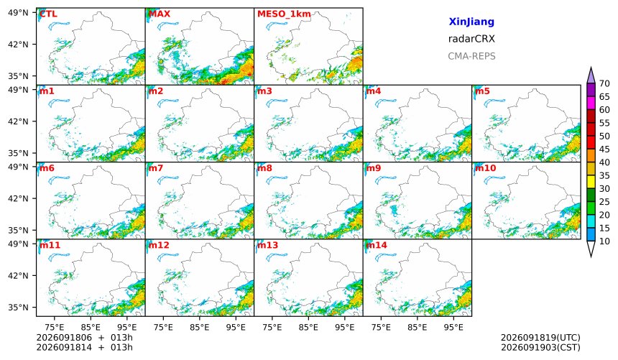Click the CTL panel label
tap(48, 14)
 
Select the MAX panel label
tap(160, 14)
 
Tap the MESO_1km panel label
tap(284, 14)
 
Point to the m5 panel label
tap(482, 91)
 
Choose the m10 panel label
tap(485, 168)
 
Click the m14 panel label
tap(377, 245)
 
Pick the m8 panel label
tap(264, 168)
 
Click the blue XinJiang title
tap(471, 22)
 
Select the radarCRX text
tap(471, 39)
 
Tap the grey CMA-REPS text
tap(471, 56)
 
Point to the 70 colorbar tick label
tap(604, 83)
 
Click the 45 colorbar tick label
tap(604, 149)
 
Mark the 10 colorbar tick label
tap(604, 241)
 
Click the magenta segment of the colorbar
tap(591, 103)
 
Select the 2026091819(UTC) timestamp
tap(540, 338)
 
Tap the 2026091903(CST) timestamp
tap(540, 347)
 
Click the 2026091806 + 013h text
tap(84, 338)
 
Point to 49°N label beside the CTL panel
tap(18, 13)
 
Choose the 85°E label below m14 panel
tap(417, 327)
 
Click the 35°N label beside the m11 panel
tap(18, 307)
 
